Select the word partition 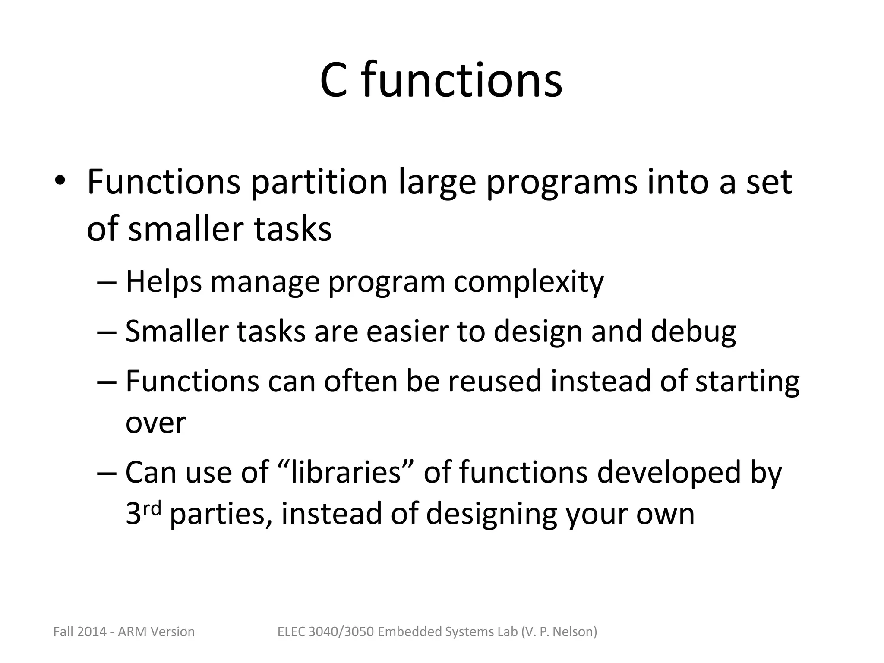coord(319,182)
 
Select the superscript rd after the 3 coord(152,509)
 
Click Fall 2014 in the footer coord(80,632)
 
